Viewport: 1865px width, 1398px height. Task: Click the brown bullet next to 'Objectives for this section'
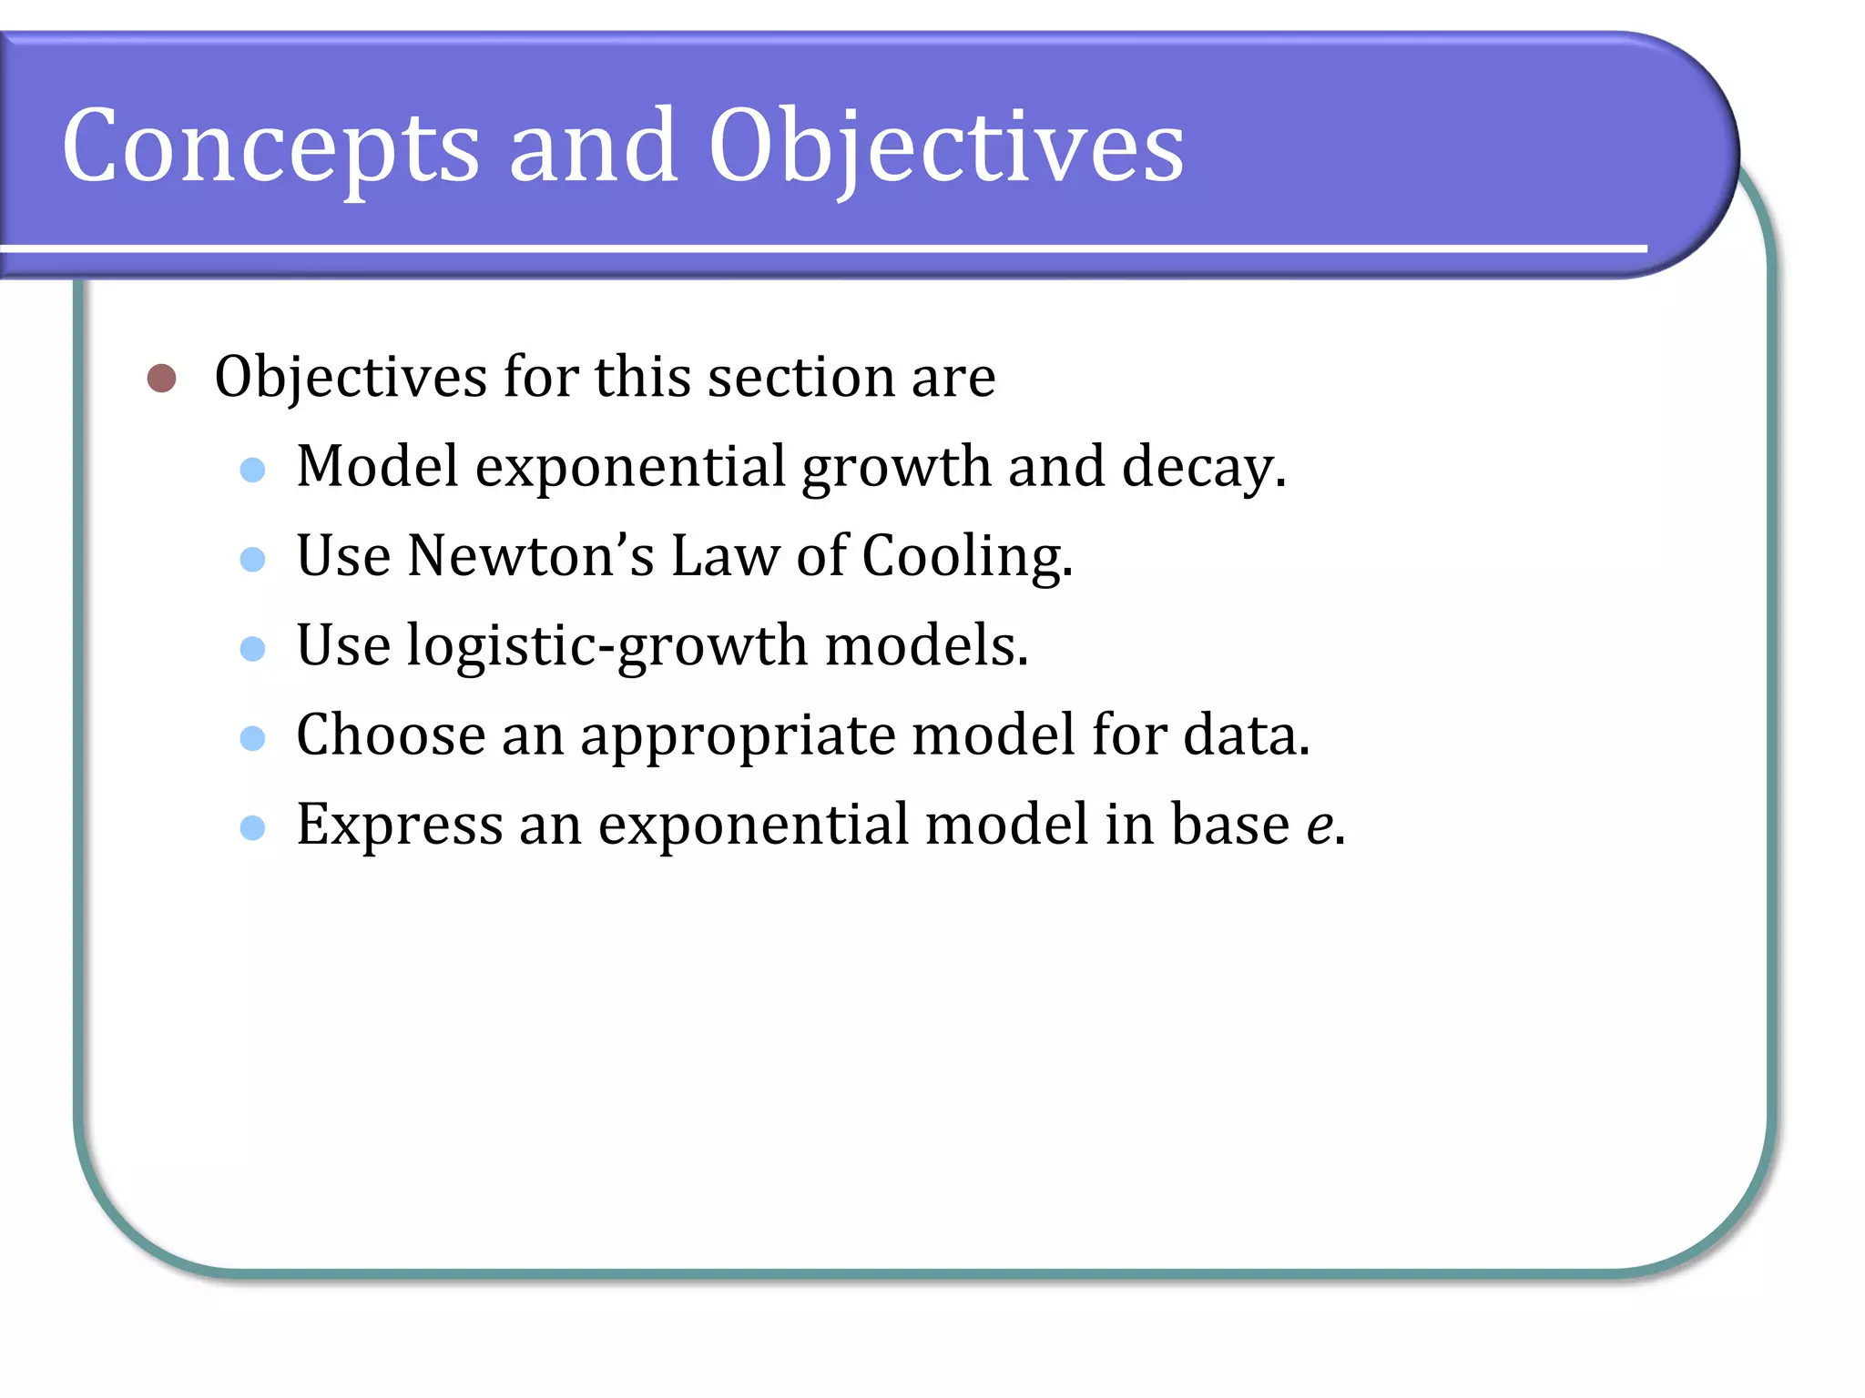pos(161,378)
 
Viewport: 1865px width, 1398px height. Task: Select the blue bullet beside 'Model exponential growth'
pos(252,470)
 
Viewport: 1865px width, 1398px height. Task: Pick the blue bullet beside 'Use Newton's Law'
pos(252,559)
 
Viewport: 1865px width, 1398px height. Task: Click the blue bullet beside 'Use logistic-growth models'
pos(252,648)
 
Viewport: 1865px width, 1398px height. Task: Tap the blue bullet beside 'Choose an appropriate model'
pos(252,737)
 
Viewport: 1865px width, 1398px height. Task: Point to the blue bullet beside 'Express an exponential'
pos(252,827)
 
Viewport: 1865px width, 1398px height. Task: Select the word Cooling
pos(967,557)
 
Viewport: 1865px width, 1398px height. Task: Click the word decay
pos(1202,468)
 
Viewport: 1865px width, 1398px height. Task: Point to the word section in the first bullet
pos(801,377)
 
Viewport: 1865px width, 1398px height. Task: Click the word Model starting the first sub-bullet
pos(378,466)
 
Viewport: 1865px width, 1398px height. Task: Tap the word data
pos(1245,735)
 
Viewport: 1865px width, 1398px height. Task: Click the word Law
pos(726,555)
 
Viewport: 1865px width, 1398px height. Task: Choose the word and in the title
pos(593,146)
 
